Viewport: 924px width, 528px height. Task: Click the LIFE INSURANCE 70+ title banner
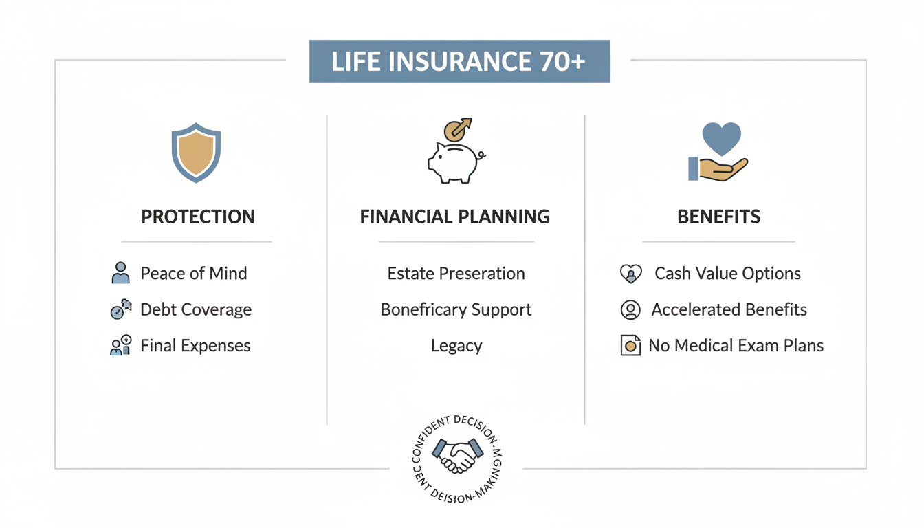click(459, 61)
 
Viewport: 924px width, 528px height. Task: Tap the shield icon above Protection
click(196, 152)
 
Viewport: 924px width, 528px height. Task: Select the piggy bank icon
click(454, 161)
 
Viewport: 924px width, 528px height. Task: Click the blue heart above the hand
click(721, 138)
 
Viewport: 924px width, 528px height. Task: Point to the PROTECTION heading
click(198, 217)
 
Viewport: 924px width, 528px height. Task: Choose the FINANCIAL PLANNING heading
click(454, 217)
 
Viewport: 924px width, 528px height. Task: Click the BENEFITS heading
click(718, 217)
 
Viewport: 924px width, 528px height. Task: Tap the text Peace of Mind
click(193, 274)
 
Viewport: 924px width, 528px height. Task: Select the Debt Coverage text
click(196, 310)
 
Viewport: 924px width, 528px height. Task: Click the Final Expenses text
click(195, 346)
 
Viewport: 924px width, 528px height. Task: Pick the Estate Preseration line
click(456, 274)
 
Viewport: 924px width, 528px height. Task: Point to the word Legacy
click(456, 346)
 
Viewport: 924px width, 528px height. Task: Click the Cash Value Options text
click(727, 274)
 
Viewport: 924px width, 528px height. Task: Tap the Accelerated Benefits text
click(729, 310)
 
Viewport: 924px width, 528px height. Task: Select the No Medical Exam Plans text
click(736, 346)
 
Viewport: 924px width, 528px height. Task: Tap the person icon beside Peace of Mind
click(120, 273)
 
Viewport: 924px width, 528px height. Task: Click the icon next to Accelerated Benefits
click(630, 310)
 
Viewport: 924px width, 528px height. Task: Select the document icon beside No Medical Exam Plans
click(630, 346)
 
